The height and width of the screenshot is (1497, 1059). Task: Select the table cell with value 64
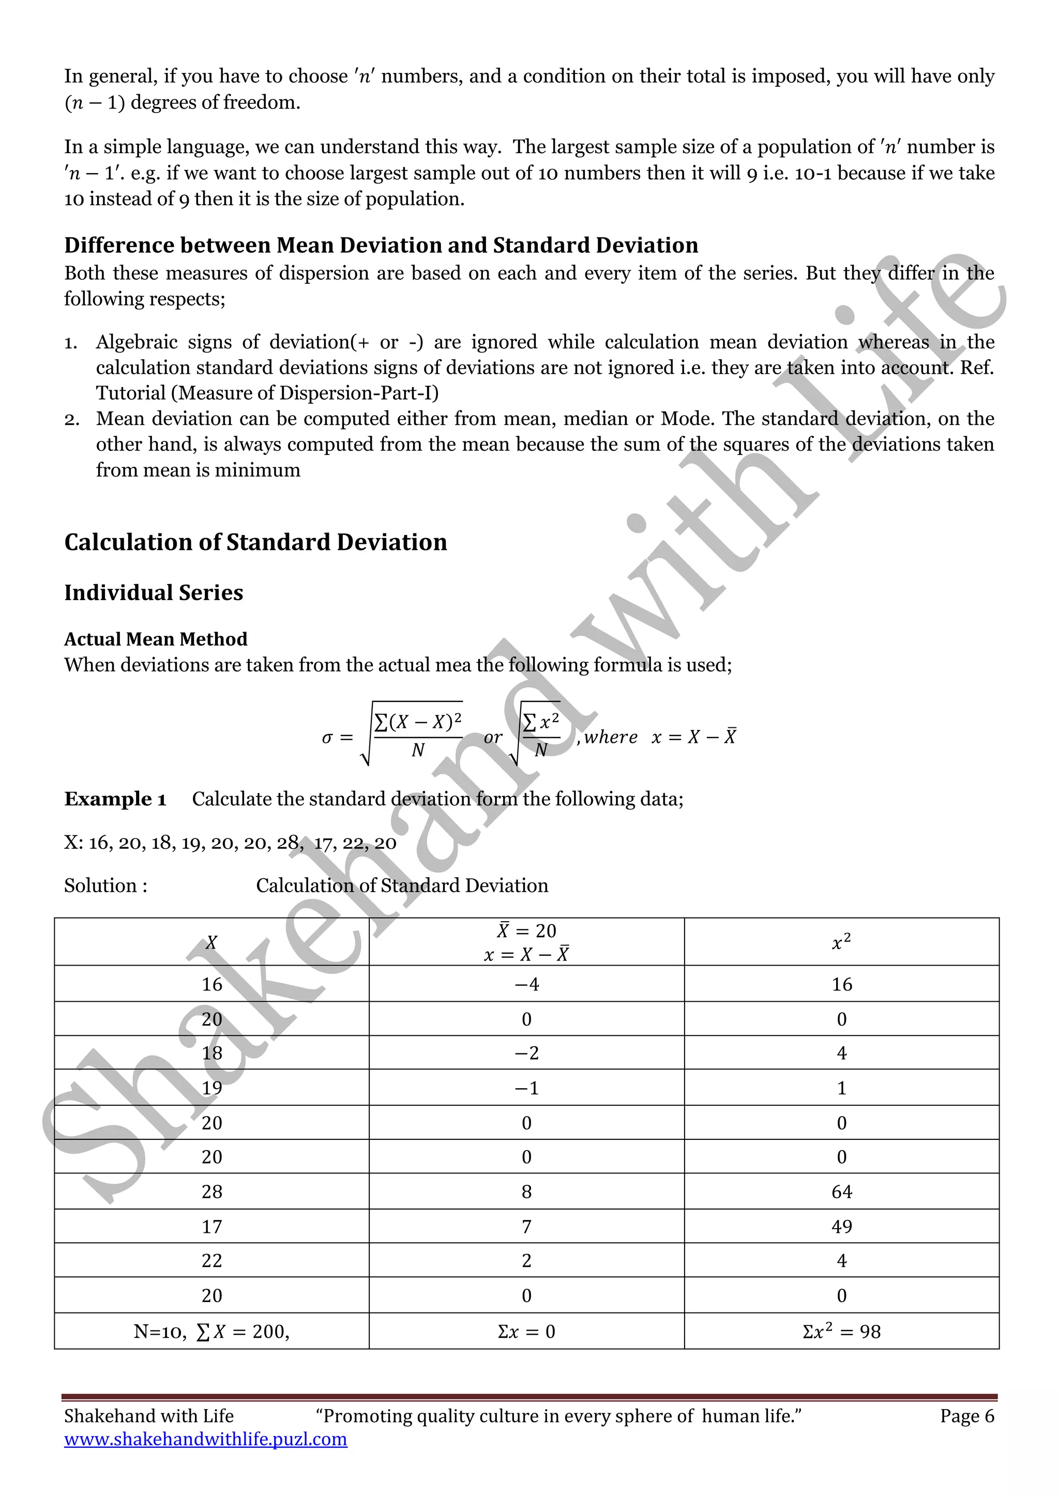(x=841, y=1192)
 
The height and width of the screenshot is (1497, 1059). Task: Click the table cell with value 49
(x=841, y=1227)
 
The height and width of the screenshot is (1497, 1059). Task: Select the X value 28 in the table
(x=211, y=1192)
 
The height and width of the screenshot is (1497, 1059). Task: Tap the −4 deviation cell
(x=526, y=984)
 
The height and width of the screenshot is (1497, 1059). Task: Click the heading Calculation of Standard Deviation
(x=255, y=542)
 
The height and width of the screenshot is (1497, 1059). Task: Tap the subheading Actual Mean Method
(x=156, y=639)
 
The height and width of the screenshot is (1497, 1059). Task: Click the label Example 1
(x=115, y=799)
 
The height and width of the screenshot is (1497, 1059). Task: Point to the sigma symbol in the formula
(x=327, y=738)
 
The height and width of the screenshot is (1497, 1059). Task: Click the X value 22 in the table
(x=211, y=1260)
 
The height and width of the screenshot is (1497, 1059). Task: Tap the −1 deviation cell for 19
(x=526, y=1088)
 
